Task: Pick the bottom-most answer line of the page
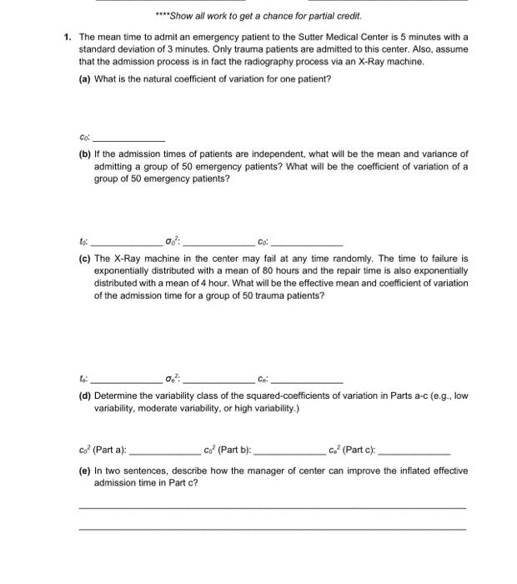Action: [272, 529]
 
